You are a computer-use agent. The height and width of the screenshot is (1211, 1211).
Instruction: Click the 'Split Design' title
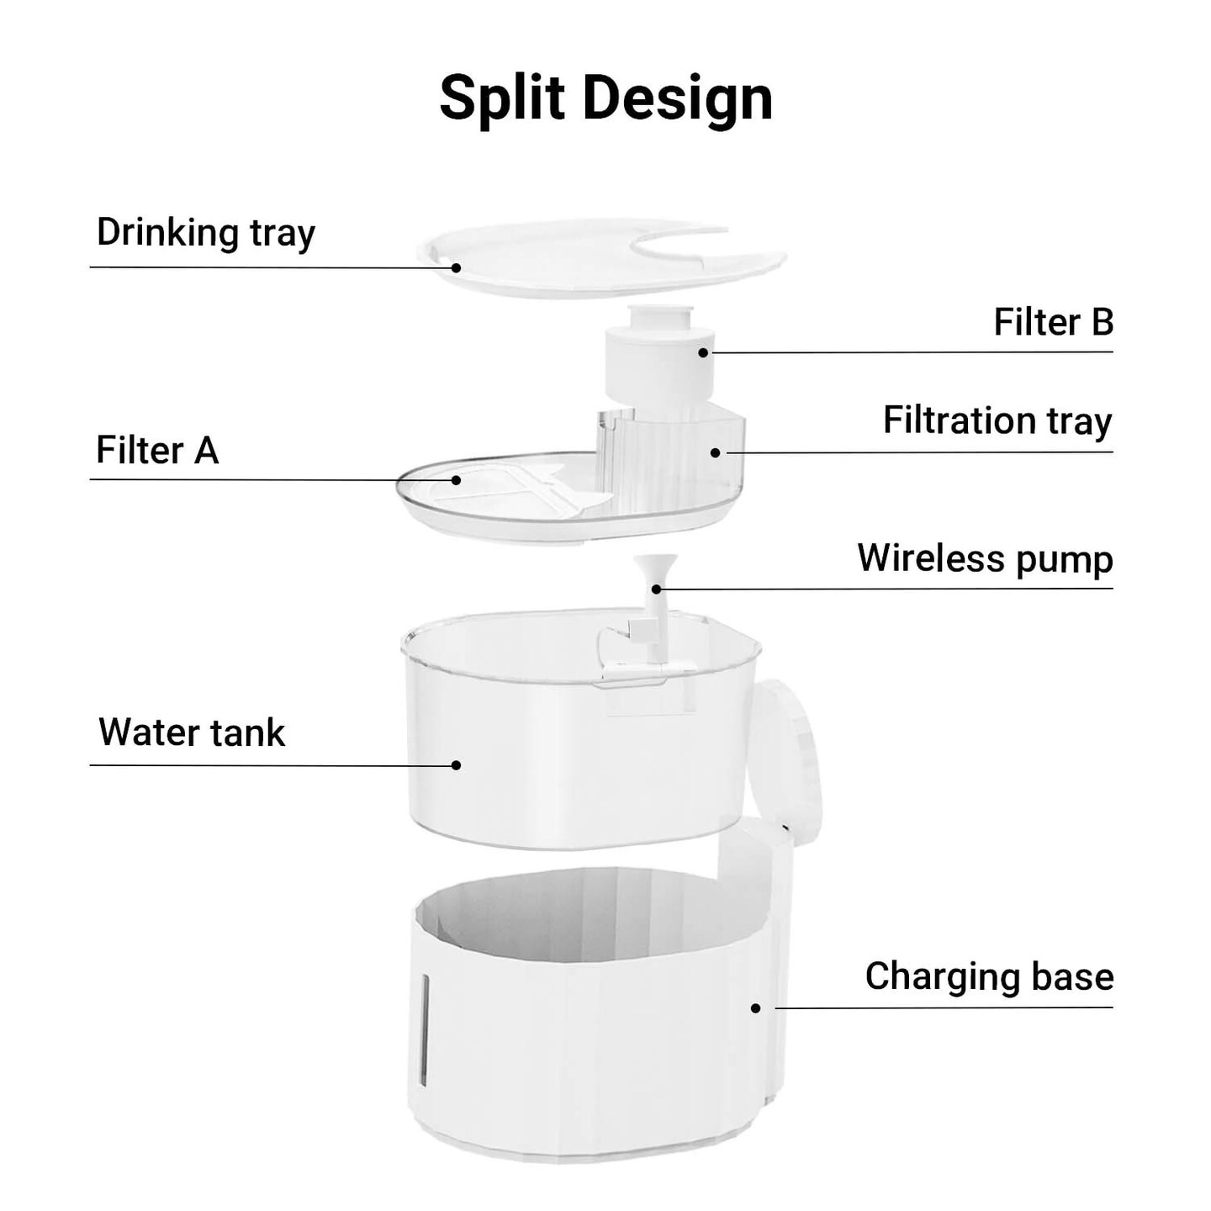[x=605, y=99]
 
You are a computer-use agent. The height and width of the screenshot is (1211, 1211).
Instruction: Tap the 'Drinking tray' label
[x=205, y=233]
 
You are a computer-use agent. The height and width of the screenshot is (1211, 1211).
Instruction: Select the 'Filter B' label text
[x=1053, y=322]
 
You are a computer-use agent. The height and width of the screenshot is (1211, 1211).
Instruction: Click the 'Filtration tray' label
[x=998, y=420]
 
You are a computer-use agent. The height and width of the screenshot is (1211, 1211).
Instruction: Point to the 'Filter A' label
[x=157, y=450]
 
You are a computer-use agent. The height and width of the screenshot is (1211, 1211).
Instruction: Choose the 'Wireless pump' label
[x=986, y=558]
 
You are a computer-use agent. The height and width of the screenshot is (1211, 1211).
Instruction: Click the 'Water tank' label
[x=192, y=732]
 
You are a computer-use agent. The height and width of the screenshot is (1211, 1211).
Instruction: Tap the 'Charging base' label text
[x=989, y=976]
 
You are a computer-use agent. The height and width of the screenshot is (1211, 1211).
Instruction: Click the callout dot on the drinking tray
[x=457, y=267]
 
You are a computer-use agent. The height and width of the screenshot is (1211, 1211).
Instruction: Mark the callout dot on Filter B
[x=703, y=352]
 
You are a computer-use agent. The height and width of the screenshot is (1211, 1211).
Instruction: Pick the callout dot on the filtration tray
[x=715, y=452]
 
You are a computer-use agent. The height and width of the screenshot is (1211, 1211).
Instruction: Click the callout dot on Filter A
[x=457, y=480]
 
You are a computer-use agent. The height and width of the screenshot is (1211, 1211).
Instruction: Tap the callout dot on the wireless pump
[x=656, y=590]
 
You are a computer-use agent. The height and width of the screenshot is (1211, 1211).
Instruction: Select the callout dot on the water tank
[x=457, y=765]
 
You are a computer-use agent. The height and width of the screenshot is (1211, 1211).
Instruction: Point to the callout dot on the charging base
[x=756, y=1008]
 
